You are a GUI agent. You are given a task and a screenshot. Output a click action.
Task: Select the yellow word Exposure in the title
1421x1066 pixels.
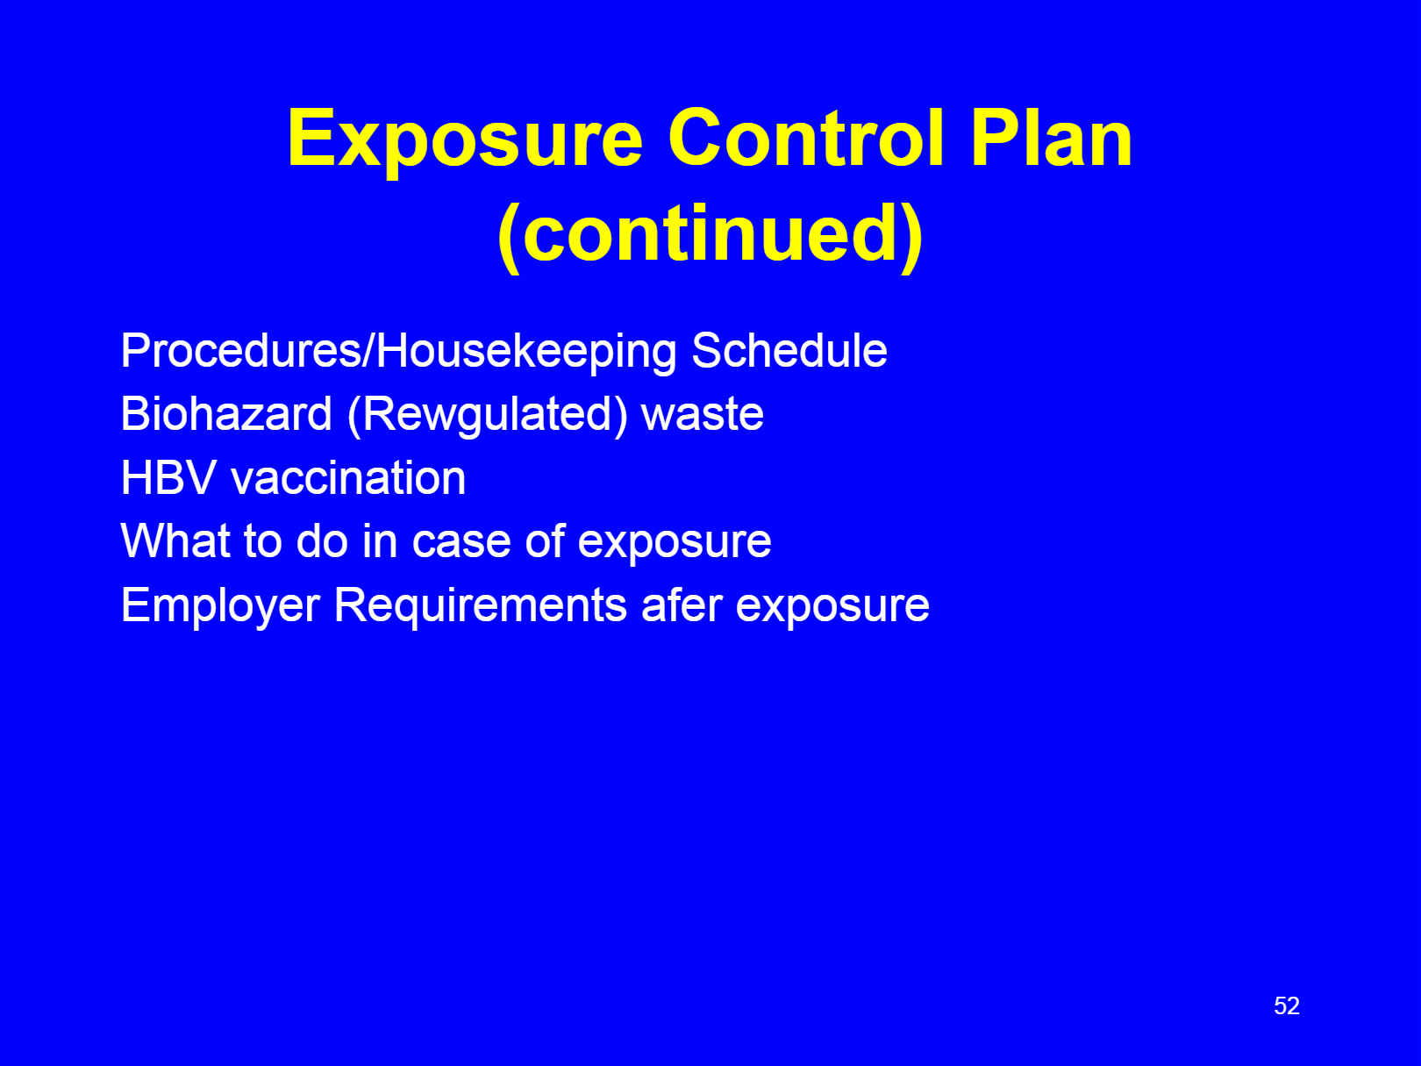[465, 142]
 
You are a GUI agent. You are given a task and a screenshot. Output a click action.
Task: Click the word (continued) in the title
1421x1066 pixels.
[710, 235]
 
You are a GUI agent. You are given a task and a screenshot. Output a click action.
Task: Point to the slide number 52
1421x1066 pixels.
[1286, 1005]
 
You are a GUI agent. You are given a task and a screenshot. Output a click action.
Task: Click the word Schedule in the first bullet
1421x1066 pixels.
[789, 351]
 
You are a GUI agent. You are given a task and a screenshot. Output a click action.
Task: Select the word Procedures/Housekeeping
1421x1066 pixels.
[399, 353]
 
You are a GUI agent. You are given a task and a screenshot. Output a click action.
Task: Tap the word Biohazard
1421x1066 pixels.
[226, 413]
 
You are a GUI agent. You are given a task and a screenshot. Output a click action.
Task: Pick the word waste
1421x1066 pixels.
[703, 416]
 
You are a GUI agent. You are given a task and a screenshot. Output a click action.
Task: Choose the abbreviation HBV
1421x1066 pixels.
[168, 478]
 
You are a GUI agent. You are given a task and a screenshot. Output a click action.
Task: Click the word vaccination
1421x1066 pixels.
[348, 478]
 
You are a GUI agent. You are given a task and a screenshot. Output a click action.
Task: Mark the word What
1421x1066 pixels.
[175, 541]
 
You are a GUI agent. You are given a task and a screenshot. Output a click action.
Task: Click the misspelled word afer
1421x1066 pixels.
[682, 605]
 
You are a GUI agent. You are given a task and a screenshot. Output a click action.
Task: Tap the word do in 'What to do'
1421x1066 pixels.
[322, 541]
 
